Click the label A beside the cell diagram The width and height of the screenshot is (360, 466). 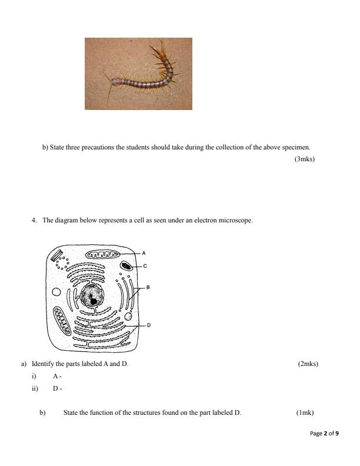pyautogui.click(x=144, y=252)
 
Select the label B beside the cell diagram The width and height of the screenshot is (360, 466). pyautogui.click(x=148, y=288)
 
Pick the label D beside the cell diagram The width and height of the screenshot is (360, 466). pyautogui.click(x=148, y=325)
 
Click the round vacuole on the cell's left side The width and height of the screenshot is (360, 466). pyautogui.click(x=56, y=292)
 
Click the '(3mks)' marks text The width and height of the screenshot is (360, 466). pyautogui.click(x=304, y=158)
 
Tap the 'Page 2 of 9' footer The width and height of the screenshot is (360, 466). pyautogui.click(x=324, y=434)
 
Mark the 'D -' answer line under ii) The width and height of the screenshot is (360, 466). pyautogui.click(x=57, y=388)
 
